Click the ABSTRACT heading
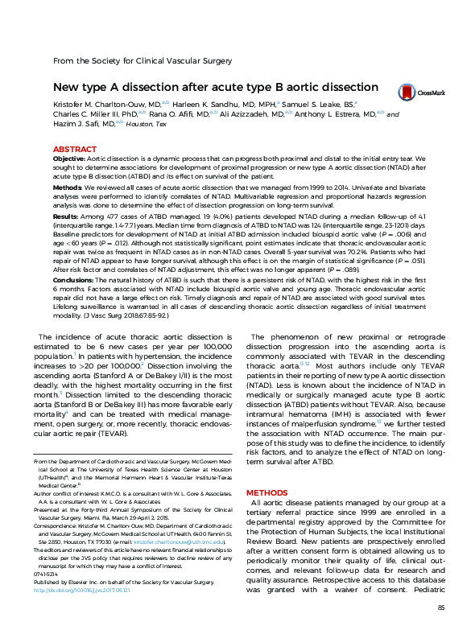coord(75,150)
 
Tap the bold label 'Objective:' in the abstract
coord(69,160)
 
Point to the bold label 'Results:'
coord(66,216)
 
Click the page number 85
coord(440,607)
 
